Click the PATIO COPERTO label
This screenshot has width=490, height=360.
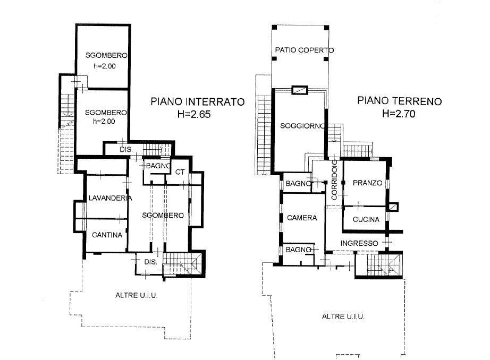pyautogui.click(x=305, y=50)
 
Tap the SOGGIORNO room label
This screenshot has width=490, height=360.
pyautogui.click(x=302, y=126)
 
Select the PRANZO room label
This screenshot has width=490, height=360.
pyautogui.click(x=368, y=183)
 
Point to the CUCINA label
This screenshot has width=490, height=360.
pyautogui.click(x=366, y=219)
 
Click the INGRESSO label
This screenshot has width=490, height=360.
pyautogui.click(x=359, y=243)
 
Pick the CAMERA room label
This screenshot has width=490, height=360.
pyautogui.click(x=302, y=218)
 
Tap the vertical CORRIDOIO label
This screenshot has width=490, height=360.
pyautogui.click(x=334, y=180)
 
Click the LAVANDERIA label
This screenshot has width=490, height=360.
pyautogui.click(x=110, y=198)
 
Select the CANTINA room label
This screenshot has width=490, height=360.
pyautogui.click(x=107, y=235)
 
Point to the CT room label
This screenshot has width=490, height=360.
pyautogui.click(x=180, y=172)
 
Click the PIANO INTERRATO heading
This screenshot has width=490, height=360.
pyautogui.click(x=198, y=102)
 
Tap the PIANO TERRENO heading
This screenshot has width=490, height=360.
pyautogui.click(x=399, y=101)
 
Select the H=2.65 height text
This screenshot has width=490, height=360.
pyautogui.click(x=194, y=114)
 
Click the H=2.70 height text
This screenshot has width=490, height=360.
pyautogui.click(x=399, y=113)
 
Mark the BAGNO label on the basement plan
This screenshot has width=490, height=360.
pyautogui.click(x=158, y=166)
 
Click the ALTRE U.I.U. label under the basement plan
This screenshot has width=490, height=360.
pyautogui.click(x=136, y=295)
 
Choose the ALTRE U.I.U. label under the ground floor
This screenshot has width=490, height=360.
pyautogui.click(x=343, y=316)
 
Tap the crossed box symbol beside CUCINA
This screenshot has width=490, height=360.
pyautogui.click(x=393, y=207)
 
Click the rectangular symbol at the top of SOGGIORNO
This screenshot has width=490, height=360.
pyautogui.click(x=300, y=90)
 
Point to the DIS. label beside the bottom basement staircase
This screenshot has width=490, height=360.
pyautogui.click(x=150, y=262)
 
